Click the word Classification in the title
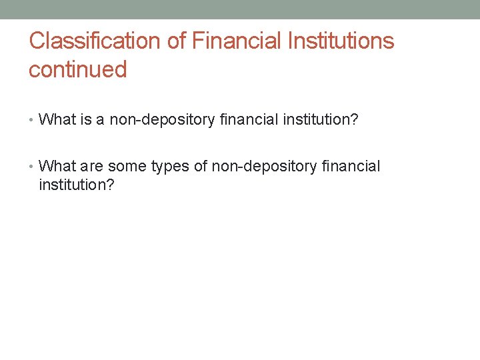pos(95,41)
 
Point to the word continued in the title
pos(77,69)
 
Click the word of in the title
pos(177,41)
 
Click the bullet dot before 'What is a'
pos(32,121)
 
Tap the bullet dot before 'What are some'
pos(32,167)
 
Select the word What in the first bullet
pos(57,120)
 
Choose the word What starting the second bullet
pos(57,166)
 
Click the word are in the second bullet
pos(91,166)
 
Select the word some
pos(127,166)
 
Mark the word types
pos(171,166)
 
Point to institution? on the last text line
pos(77,184)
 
